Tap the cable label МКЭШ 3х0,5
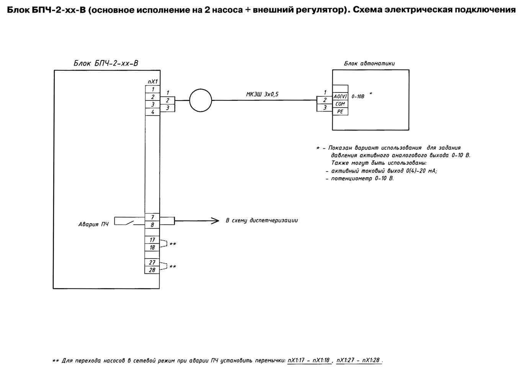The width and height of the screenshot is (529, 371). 262,94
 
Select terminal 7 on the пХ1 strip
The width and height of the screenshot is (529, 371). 152,217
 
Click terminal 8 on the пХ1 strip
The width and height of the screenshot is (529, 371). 152,225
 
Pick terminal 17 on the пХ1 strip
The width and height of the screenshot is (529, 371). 152,240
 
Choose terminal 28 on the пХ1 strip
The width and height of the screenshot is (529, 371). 152,270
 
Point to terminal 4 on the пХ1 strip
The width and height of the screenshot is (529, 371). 153,112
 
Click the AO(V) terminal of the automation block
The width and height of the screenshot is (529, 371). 340,96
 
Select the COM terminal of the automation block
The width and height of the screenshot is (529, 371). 340,104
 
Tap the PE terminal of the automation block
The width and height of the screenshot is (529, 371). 340,112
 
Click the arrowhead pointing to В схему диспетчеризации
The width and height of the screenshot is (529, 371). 215,221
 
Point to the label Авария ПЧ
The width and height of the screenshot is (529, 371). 93,224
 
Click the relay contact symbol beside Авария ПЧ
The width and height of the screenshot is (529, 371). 129,223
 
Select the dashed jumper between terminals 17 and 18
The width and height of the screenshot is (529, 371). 167,243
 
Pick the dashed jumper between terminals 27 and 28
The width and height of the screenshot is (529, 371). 167,266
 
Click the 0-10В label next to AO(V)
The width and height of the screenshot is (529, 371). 358,96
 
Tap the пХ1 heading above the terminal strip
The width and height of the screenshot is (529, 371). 153,81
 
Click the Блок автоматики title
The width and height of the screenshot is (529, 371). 369,63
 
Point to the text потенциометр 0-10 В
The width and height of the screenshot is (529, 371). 362,178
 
